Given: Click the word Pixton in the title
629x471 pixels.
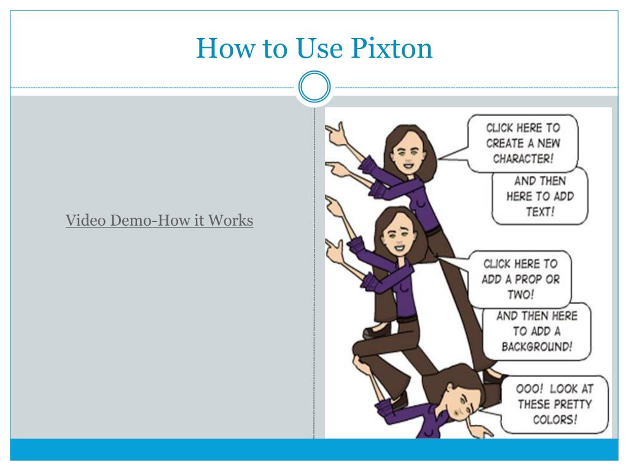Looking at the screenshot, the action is coord(391,48).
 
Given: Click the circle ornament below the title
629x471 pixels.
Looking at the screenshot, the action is coord(314,86).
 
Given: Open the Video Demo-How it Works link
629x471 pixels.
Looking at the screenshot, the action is coord(159,220).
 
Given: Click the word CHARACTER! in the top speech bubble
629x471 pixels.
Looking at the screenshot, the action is coord(523,159).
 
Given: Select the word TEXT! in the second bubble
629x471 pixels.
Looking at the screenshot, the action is coord(541,212).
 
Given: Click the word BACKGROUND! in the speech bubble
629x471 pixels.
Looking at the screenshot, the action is coord(537,347).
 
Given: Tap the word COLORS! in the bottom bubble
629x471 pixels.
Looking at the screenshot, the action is coord(555,419).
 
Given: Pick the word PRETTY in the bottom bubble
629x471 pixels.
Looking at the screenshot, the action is coord(574,404).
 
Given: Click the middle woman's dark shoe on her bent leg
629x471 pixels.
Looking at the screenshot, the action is coord(377,331).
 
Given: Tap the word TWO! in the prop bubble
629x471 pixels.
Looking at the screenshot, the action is coord(521,295).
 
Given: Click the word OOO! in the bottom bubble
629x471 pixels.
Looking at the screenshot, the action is coord(529,389).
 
